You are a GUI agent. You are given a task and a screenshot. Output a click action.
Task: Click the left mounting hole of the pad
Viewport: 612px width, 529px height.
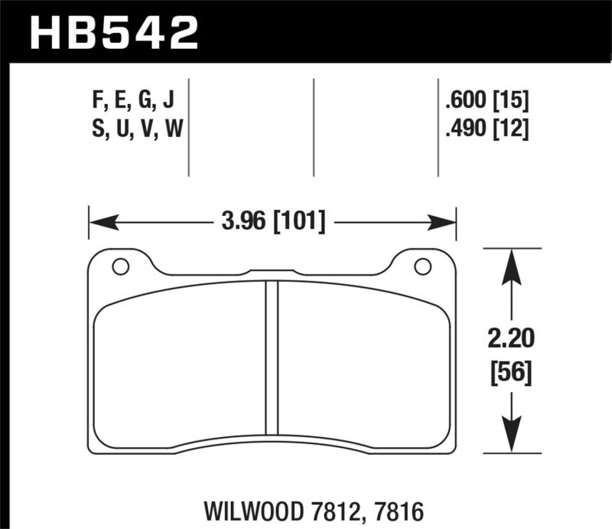(x=119, y=266)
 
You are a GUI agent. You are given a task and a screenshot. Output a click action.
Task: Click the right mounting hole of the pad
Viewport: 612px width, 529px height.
(x=421, y=266)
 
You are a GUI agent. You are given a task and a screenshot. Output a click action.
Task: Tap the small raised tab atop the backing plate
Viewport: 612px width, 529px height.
(x=272, y=270)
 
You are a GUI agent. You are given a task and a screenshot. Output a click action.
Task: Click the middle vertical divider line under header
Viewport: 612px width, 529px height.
(x=314, y=126)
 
